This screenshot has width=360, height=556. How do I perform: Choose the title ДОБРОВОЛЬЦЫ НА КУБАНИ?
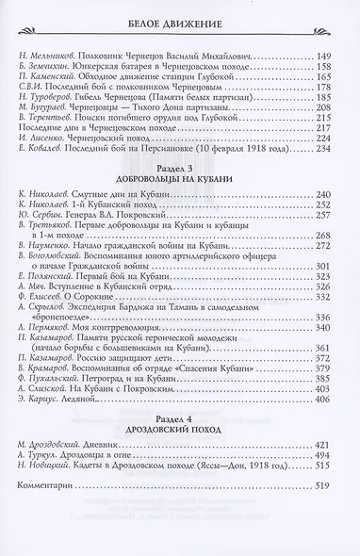(x=180, y=229)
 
